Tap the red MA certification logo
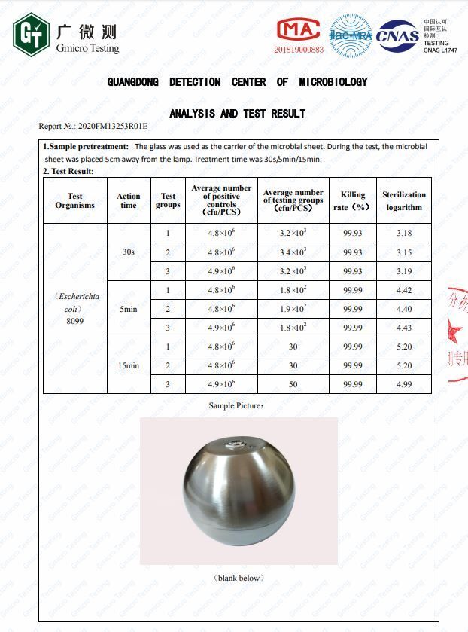pyautogui.click(x=299, y=30)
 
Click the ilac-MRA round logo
pyautogui.click(x=351, y=35)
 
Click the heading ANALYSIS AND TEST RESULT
pyautogui.click(x=237, y=113)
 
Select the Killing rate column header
pyautogui.click(x=352, y=200)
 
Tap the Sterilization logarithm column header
pyautogui.click(x=403, y=200)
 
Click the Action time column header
pyautogui.click(x=129, y=200)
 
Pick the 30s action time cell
pyautogui.click(x=129, y=252)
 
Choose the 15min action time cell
pyautogui.click(x=129, y=365)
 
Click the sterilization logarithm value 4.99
pyautogui.click(x=403, y=384)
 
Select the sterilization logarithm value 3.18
pyautogui.click(x=403, y=234)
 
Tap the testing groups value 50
pyautogui.click(x=293, y=384)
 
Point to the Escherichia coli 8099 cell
pyautogui.click(x=74, y=309)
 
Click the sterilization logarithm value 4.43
pyautogui.click(x=403, y=328)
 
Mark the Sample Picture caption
pyautogui.click(x=236, y=406)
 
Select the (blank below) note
pyautogui.click(x=238, y=578)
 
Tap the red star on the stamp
pyautogui.click(x=456, y=331)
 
